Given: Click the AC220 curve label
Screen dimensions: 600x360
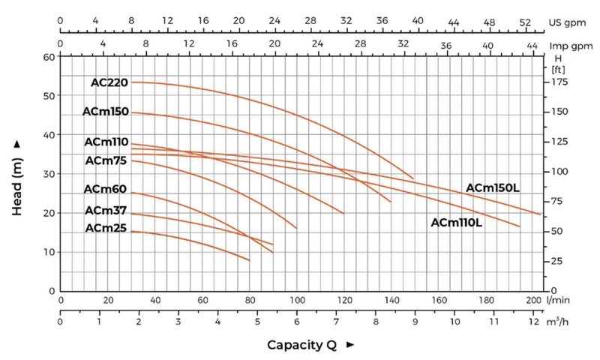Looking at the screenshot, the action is coord(109,82).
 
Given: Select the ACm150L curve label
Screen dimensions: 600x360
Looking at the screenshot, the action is coord(493,187).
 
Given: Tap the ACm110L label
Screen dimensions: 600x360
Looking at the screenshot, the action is coord(456,222).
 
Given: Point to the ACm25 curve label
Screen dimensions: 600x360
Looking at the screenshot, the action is coord(106,228).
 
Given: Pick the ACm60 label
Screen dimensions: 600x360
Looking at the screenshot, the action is coord(105,189).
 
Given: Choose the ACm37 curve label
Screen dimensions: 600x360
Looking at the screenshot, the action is coord(106,211).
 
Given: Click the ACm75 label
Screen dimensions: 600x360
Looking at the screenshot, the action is coord(106,160).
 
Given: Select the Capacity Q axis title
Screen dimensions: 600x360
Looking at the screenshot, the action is coord(301,345).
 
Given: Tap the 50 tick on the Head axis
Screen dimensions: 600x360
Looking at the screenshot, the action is coord(49,96).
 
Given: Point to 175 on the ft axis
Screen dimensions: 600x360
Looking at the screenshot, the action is coord(559,82).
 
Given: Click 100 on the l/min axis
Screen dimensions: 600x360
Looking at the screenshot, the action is coord(297,300).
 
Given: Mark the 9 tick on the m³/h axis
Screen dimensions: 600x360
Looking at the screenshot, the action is coord(415,321).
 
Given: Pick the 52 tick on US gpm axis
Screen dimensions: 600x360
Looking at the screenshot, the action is coord(525,22).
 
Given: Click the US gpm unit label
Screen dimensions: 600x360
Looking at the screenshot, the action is coord(567,22).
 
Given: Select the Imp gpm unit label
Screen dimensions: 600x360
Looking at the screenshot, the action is coord(571,46).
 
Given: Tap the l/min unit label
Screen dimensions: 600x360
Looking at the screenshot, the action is coord(558,300).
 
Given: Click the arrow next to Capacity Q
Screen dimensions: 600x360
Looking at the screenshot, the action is coord(349,344).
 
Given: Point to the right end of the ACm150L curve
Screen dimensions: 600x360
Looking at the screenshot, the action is coord(541,214).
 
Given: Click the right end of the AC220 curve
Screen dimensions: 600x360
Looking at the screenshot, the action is coord(413,178).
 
